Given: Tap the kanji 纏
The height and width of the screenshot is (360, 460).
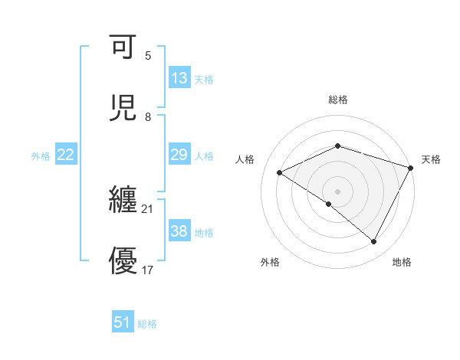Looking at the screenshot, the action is (x=123, y=201).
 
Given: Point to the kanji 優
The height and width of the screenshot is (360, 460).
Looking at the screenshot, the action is (x=123, y=260).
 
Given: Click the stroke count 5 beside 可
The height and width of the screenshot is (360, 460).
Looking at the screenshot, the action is (x=148, y=56).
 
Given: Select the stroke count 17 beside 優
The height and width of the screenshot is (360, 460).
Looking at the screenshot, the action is (x=148, y=270).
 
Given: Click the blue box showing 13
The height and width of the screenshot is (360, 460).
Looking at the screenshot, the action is (x=179, y=78).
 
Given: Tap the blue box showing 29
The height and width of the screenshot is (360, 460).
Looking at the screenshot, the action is (x=179, y=155).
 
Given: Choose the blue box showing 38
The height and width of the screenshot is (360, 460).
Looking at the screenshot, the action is (x=179, y=231).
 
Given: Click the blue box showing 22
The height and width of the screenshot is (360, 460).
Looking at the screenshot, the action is (x=66, y=155).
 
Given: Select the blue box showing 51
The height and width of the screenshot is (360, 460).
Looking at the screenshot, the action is (x=123, y=322).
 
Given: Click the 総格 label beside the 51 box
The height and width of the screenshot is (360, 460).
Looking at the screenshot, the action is (x=147, y=324).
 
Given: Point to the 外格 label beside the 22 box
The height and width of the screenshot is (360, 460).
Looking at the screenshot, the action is (x=41, y=156).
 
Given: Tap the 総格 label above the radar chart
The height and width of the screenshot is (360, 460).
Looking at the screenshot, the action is (x=338, y=100).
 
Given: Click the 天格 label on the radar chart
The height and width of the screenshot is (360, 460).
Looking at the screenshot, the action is (x=431, y=159).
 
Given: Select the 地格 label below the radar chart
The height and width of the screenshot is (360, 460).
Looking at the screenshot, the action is (x=402, y=262).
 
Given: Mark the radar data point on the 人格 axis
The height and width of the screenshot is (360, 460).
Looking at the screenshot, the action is (x=280, y=173).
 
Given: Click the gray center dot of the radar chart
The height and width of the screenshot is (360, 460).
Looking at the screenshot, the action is (x=337, y=191).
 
